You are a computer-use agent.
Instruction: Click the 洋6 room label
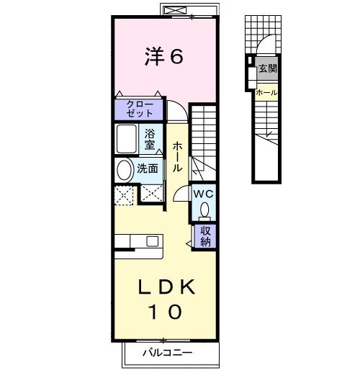[164, 56]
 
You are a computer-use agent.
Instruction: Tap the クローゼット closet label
[140, 109]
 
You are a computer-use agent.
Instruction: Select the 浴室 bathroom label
[150, 140]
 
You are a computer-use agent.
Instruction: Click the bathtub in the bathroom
[127, 139]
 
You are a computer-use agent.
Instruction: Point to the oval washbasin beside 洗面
[125, 170]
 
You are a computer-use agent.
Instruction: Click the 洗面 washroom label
[148, 168]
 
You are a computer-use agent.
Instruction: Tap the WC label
[204, 194]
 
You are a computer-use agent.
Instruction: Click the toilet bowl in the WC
[204, 210]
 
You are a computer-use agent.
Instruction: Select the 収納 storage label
[206, 236]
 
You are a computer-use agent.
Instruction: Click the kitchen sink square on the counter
[152, 241]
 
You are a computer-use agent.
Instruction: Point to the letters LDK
[166, 287]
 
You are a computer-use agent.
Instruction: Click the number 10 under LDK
[166, 312]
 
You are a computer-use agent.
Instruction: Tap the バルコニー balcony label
[168, 353]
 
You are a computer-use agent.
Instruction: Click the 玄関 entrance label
[268, 68]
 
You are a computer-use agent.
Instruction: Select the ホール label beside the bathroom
[177, 156]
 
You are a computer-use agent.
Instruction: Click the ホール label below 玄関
[266, 92]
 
